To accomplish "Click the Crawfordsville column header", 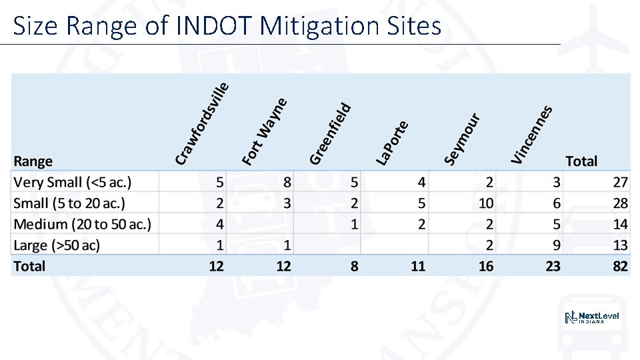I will point(202,123).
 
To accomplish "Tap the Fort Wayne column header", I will point(265,131).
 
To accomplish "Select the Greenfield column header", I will point(330,133).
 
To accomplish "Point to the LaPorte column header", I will point(392,142).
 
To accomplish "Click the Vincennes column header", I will point(531,134).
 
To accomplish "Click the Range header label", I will point(33,161).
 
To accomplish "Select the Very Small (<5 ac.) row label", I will point(73,182).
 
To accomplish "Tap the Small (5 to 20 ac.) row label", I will point(69,203).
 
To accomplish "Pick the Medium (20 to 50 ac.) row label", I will point(82,224).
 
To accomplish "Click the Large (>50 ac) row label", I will point(57,245).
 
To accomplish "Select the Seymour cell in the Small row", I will point(486,203).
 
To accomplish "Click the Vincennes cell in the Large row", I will point(556,245).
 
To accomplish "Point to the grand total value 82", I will point(620,266).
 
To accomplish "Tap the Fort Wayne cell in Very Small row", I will point(287,182).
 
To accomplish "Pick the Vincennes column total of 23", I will point(553,266).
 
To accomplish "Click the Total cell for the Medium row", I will point(620,224).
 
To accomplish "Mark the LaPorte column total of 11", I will point(418,266).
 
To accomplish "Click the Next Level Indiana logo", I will point(592,318).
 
